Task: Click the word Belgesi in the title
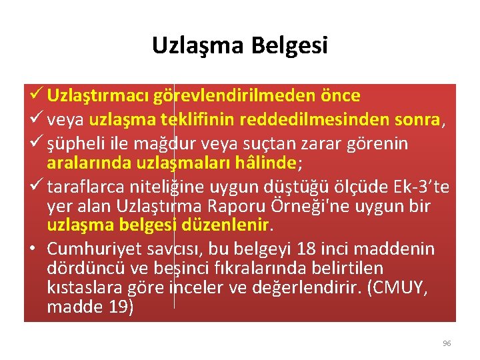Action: tap(290, 45)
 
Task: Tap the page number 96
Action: tap(447, 343)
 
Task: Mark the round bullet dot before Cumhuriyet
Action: tap(33, 250)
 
